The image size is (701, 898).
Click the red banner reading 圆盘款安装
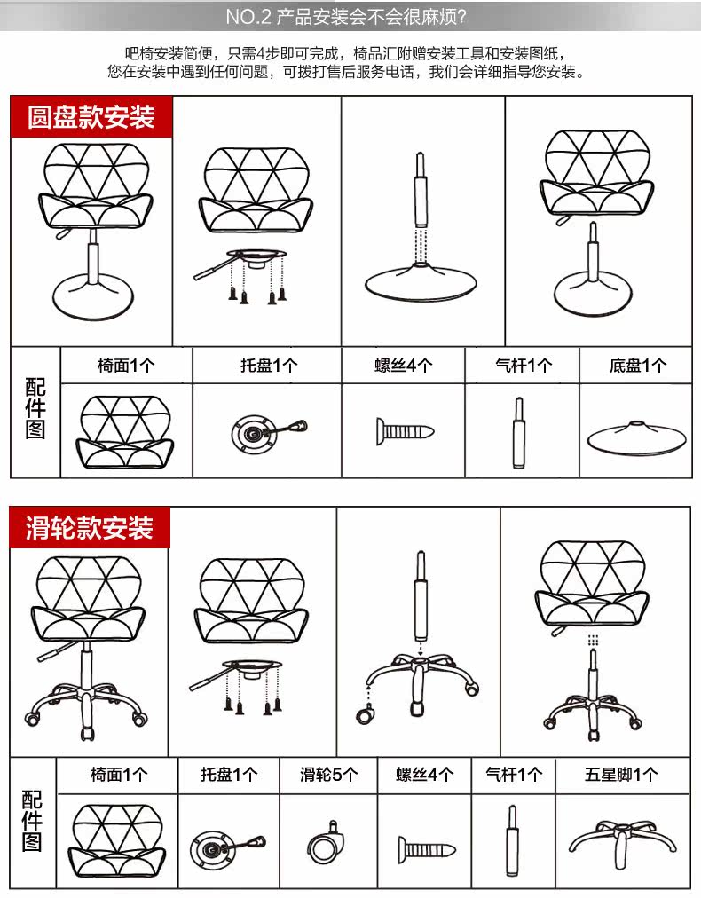[x=91, y=116]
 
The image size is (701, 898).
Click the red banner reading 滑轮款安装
[x=90, y=527]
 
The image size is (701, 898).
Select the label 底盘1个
[x=637, y=366]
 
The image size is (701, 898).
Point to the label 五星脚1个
[x=621, y=775]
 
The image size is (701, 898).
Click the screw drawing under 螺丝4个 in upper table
[x=404, y=432]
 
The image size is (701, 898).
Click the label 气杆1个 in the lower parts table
[x=513, y=775]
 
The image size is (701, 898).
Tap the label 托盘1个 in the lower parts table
[x=229, y=775]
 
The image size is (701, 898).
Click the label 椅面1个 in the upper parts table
[x=126, y=366]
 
